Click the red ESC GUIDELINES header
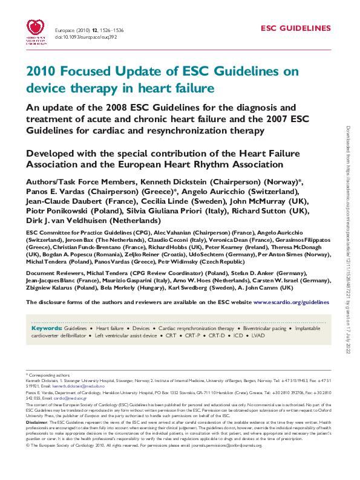coord(296,28)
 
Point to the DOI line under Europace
coord(77,37)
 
